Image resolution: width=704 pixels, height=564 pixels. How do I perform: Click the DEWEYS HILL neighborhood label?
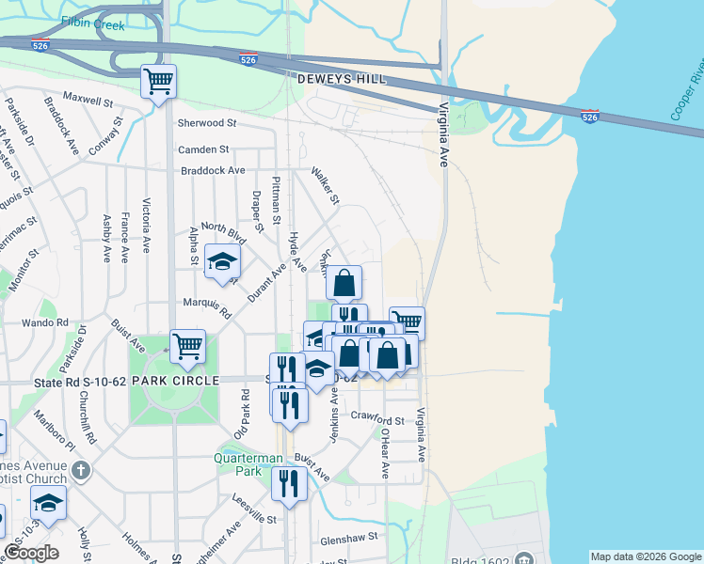coord(341,80)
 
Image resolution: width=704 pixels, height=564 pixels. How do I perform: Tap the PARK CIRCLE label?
coord(168,380)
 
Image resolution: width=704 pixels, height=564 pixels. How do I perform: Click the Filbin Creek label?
coord(93,23)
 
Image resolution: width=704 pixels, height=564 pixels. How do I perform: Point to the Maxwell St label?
coord(88,98)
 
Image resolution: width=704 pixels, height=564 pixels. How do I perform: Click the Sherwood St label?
coord(206,123)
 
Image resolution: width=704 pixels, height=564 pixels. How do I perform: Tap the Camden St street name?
coord(204,149)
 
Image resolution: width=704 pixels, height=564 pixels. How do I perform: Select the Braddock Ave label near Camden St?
coord(213,170)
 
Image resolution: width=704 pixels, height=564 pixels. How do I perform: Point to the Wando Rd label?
coord(51,321)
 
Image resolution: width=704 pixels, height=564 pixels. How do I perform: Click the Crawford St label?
coord(376,419)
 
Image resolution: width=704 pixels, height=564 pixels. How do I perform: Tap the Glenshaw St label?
coord(348,537)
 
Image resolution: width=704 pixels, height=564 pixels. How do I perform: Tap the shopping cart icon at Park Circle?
coord(188,346)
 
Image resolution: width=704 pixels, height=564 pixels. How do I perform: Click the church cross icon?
coord(82,470)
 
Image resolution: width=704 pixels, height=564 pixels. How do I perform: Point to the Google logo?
coord(32,552)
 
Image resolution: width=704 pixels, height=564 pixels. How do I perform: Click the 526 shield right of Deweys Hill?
coord(589,117)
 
